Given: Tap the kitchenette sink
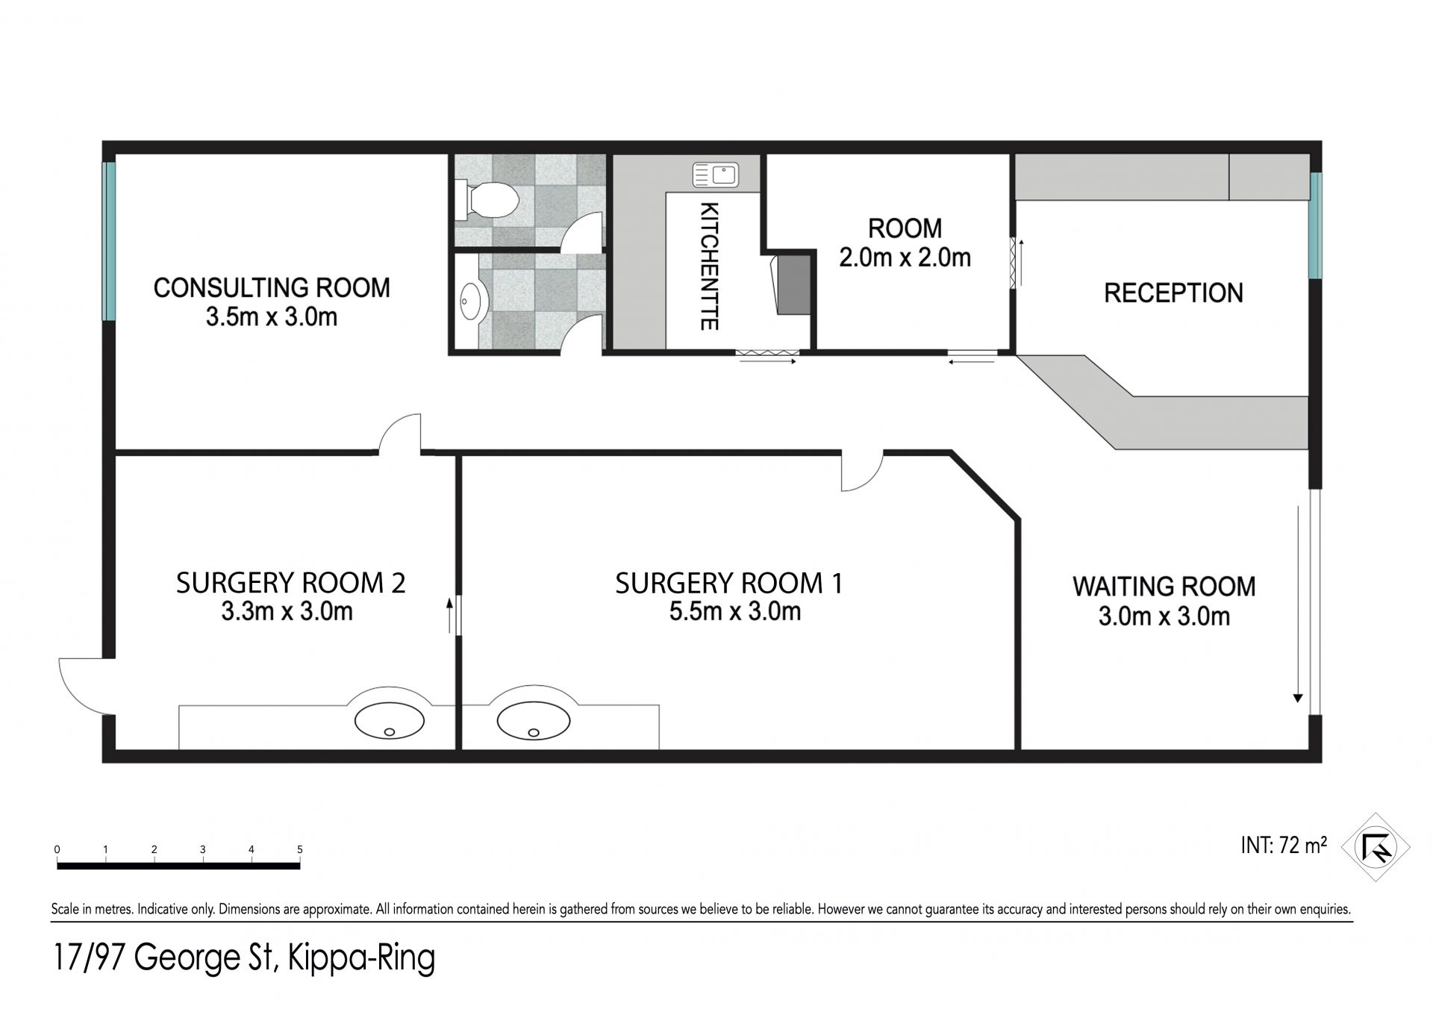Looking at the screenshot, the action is tap(715, 175).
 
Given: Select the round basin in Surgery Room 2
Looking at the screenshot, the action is tap(389, 722).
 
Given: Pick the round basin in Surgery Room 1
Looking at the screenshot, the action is tap(533, 722).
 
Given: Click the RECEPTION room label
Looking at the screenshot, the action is tap(1173, 293).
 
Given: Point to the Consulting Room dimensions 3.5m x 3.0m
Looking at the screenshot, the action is tap(272, 317).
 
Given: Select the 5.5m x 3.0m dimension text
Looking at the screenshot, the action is tap(734, 612).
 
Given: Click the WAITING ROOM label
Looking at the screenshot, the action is tap(1164, 587).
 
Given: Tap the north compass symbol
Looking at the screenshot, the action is tap(1375, 847).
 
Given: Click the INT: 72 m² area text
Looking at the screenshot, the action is tap(1284, 845).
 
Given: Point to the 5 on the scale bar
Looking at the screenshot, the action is tap(300, 849).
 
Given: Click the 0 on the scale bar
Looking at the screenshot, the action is tap(57, 849).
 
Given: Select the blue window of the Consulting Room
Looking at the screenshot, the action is tap(110, 242).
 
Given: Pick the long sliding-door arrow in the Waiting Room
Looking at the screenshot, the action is tap(1298, 605).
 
